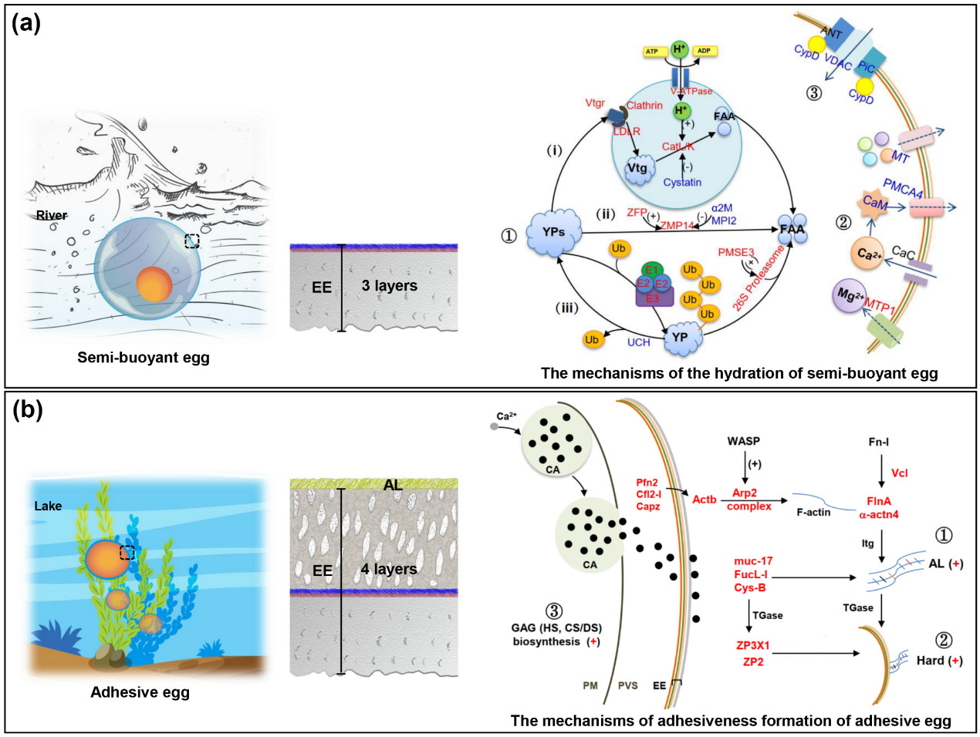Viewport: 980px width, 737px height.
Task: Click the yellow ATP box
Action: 653,52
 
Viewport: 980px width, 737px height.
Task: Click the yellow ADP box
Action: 705,51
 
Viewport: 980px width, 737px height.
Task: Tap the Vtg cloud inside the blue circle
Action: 637,169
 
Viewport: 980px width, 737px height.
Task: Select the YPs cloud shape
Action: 553,232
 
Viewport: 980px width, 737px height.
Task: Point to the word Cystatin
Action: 682,183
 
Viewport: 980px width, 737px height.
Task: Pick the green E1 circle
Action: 652,270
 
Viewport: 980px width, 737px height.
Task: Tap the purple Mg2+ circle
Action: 850,296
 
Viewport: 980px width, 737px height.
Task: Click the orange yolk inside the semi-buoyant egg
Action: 154,283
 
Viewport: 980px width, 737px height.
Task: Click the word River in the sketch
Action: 52,215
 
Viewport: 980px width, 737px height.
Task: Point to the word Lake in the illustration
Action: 48,506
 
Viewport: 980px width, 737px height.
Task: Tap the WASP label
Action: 744,442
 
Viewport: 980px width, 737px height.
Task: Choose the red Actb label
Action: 705,500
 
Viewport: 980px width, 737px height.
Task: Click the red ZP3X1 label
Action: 753,645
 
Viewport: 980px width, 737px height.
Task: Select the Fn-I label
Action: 879,442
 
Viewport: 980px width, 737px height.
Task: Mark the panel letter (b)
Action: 28,409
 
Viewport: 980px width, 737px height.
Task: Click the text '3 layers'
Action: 390,285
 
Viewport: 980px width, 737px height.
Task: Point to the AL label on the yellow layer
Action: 393,484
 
